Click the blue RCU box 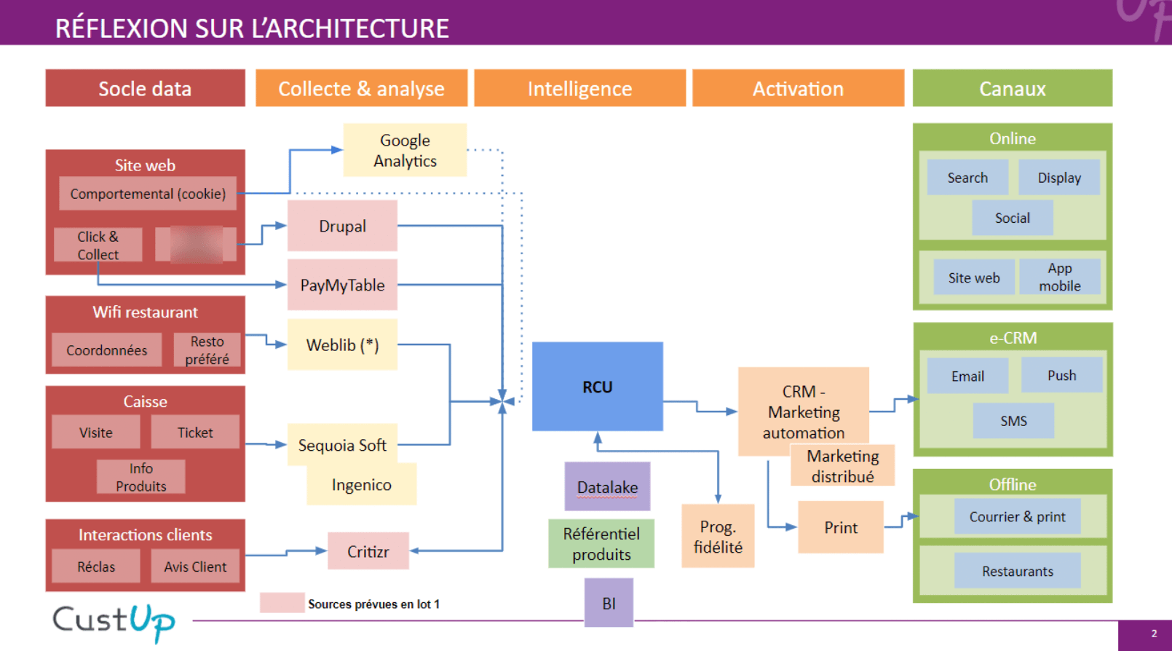coord(597,387)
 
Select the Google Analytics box coord(405,150)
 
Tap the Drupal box coord(342,226)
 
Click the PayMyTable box coord(342,285)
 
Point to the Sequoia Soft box coord(342,444)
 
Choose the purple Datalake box coord(607,486)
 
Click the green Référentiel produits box coord(601,543)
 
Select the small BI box coord(609,603)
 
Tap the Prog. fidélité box coord(718,536)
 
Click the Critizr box coord(368,551)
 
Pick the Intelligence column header coord(579,88)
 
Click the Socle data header coord(145,88)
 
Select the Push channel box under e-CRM coord(1061,375)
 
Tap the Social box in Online coord(1012,218)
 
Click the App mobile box coord(1059,277)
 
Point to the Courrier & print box coord(1017,516)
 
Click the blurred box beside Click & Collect coord(196,244)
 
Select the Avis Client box coord(195,566)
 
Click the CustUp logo coord(114,622)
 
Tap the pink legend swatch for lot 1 coord(282,603)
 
